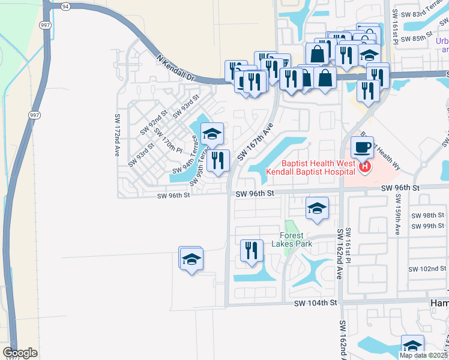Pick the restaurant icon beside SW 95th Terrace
tap(218, 160)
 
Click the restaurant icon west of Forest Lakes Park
tap(252, 250)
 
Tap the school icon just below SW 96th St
tap(317, 208)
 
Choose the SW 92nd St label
tap(154, 122)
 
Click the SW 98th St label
tap(428, 215)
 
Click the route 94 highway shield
tap(65, 6)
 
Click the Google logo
tap(20, 353)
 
